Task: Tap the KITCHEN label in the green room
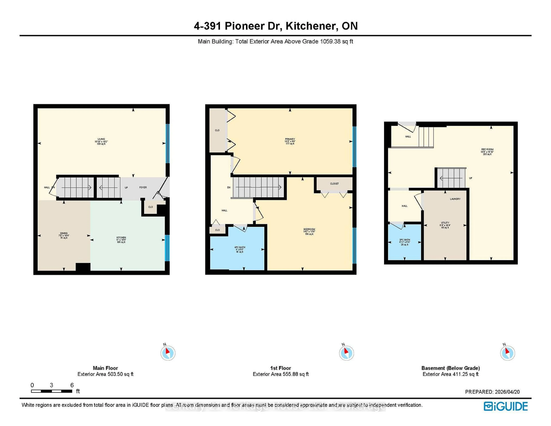[121, 238]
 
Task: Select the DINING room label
[64, 233]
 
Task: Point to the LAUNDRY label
[455, 199]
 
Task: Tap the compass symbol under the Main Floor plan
[168, 353]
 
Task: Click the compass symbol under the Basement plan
[507, 353]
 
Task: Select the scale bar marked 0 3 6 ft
[52, 391]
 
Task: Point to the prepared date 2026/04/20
[507, 392]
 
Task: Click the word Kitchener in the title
[312, 26]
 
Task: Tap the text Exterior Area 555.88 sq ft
[281, 374]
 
